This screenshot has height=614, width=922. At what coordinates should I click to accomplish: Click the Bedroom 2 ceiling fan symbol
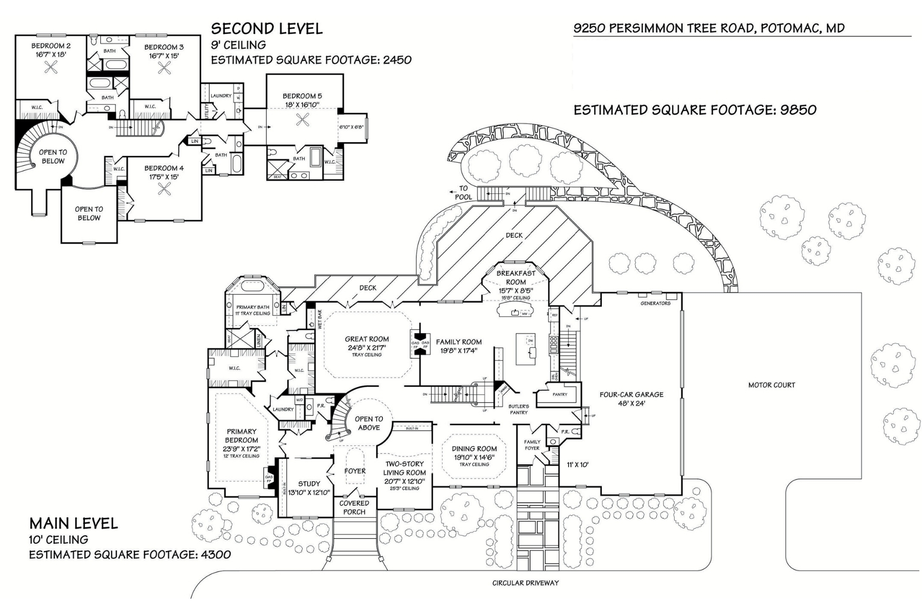[50, 67]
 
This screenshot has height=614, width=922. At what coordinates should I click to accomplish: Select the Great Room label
[367, 339]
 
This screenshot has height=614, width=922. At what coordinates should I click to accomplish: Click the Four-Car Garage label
[631, 394]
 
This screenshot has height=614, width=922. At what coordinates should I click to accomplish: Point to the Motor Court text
[771, 385]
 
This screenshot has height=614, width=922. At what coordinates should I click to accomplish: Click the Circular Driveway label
[526, 583]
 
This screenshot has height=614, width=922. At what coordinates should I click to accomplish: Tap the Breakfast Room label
[516, 277]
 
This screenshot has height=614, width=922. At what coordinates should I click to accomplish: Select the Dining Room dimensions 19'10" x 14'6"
[474, 457]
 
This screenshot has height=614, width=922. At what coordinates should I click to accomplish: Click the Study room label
[309, 484]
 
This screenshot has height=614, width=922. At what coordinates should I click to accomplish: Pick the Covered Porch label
[354, 508]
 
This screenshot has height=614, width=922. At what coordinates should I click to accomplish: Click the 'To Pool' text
[463, 192]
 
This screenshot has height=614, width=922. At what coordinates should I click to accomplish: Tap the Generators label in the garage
[655, 303]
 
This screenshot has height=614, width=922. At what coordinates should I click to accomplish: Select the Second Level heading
[267, 29]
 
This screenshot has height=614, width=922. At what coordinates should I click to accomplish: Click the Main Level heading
[74, 523]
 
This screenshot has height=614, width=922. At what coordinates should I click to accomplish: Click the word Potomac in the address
[789, 28]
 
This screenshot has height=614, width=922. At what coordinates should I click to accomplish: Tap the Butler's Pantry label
[518, 409]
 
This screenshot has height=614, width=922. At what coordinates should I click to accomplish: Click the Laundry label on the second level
[221, 96]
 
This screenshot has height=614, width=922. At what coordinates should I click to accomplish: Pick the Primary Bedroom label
[241, 435]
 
